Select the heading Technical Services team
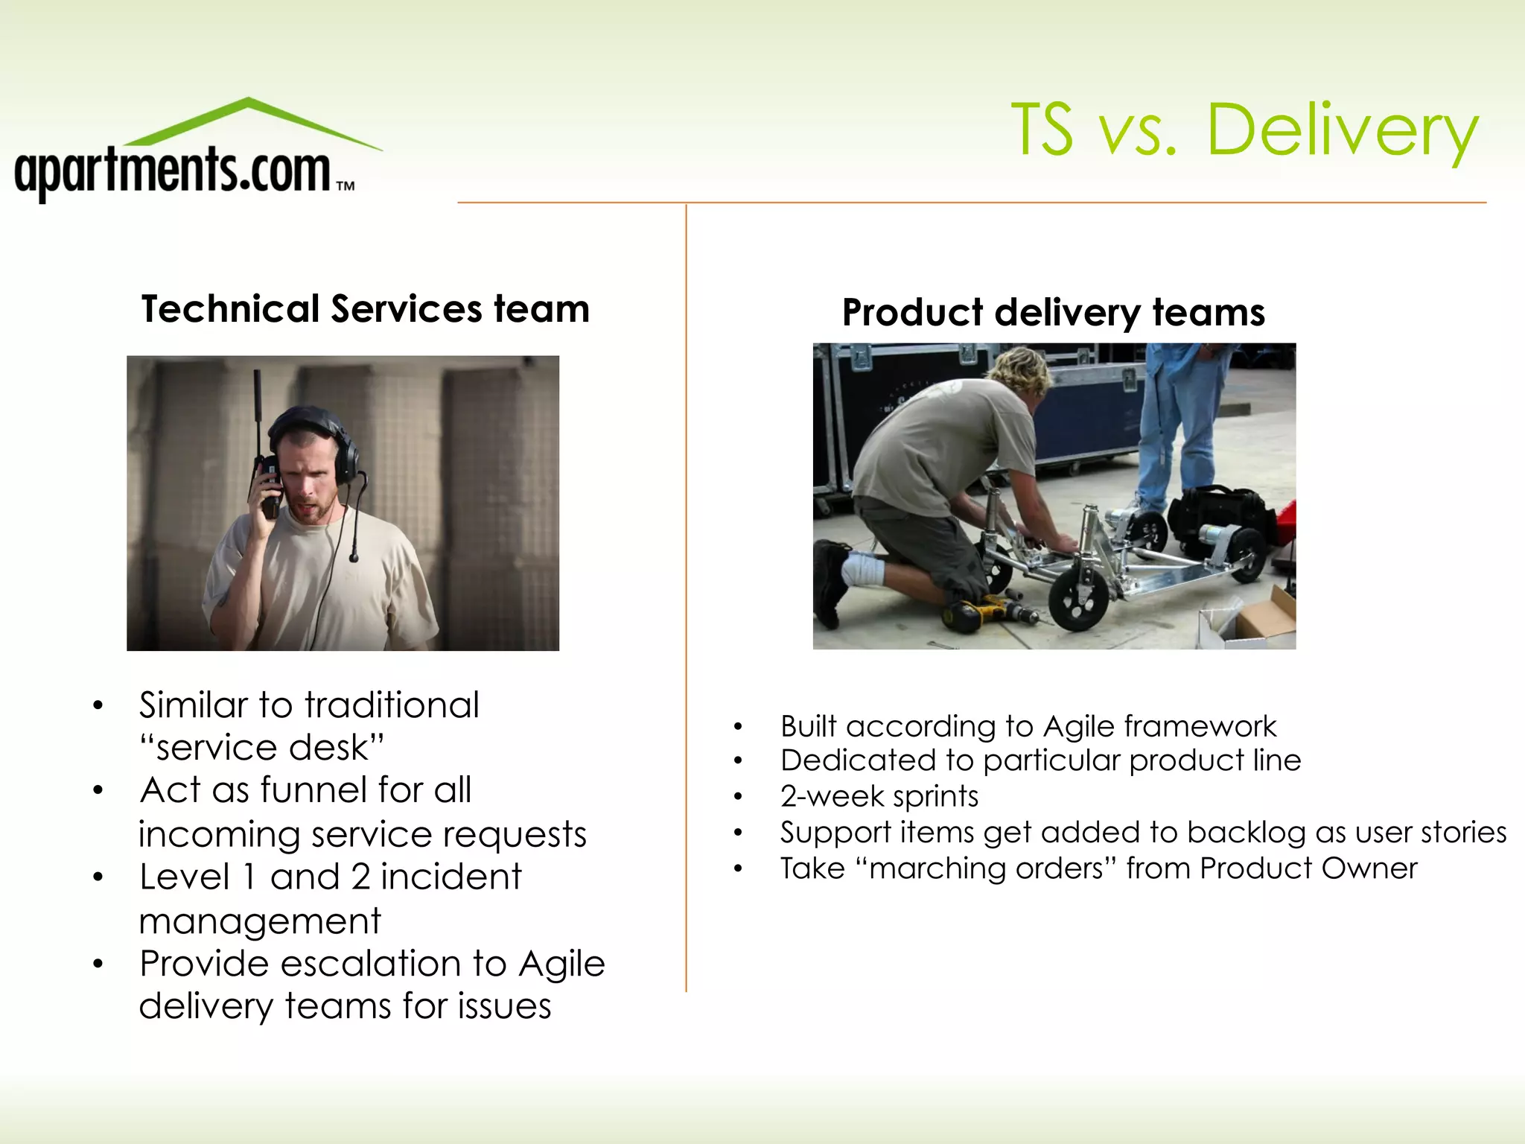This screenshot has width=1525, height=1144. (x=365, y=309)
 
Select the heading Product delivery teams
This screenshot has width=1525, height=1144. (x=1053, y=312)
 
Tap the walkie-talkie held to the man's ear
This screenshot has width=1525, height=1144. (x=269, y=484)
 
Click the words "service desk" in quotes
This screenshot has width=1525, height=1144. (x=262, y=748)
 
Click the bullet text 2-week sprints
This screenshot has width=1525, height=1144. (x=879, y=796)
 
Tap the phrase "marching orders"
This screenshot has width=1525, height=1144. (x=986, y=868)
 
